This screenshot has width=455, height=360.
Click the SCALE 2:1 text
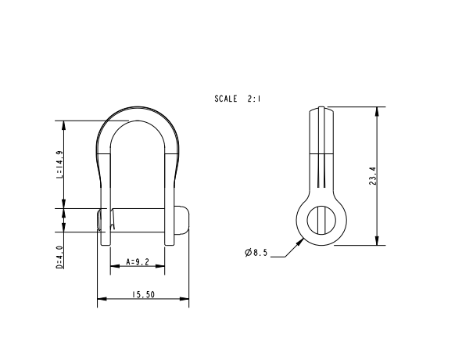tap(238, 99)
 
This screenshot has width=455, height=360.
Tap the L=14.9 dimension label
tap(59, 164)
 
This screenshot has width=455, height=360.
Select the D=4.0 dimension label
tap(59, 257)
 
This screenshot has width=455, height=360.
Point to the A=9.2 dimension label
tap(138, 262)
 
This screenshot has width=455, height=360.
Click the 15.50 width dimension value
tap(143, 294)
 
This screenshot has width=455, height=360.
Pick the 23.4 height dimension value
tap(373, 176)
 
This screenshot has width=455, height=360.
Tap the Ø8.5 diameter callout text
tap(256, 253)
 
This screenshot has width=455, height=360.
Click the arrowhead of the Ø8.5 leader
tap(300, 242)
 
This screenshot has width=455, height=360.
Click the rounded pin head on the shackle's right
tap(182, 220)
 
